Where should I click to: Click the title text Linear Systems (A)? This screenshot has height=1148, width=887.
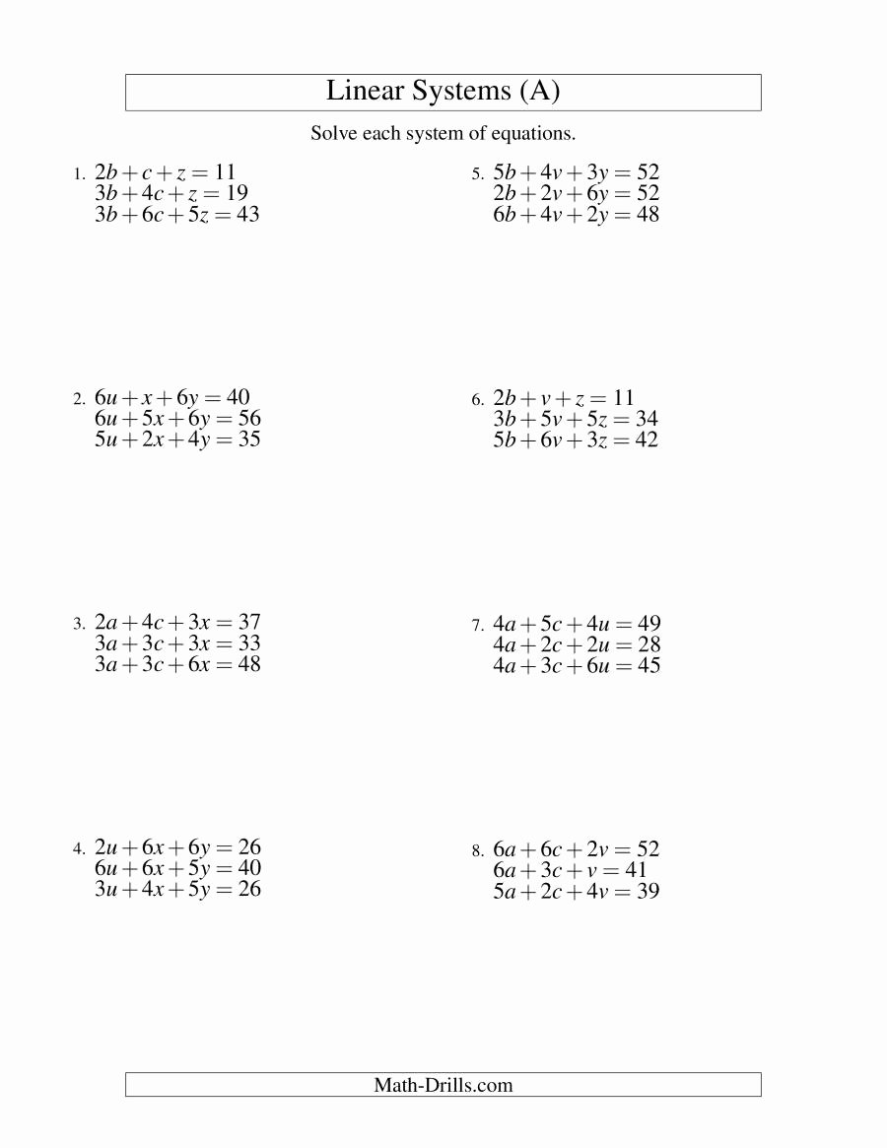pos(443,92)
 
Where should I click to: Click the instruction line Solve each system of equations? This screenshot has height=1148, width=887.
pos(443,133)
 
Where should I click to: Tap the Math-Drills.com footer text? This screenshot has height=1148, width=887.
pos(443,1085)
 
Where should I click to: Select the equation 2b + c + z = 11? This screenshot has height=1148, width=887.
pos(165,172)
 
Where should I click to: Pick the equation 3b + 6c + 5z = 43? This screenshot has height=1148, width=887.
pos(176,214)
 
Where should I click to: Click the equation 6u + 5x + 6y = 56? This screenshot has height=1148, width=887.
pos(177,419)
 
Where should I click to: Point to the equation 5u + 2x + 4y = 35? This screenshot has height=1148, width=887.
pos(177,439)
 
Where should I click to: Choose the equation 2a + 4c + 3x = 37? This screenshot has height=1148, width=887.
pos(177,623)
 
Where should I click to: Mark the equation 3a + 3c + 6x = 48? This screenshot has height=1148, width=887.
pos(177,664)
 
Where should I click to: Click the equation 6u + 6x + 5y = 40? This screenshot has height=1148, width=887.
pos(177,869)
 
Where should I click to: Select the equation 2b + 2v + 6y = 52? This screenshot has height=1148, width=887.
pos(576,194)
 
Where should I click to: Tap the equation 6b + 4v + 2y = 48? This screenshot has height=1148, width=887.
pos(576,215)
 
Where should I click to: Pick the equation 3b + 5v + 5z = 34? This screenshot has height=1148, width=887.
pos(576,420)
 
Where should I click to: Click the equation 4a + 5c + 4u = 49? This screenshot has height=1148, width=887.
pos(577,624)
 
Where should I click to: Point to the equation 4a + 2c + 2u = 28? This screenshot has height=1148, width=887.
pos(577,645)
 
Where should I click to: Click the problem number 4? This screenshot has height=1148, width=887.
pos(78,849)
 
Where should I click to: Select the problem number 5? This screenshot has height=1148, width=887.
pos(477,174)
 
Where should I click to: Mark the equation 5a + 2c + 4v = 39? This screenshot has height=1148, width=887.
pos(577,892)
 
